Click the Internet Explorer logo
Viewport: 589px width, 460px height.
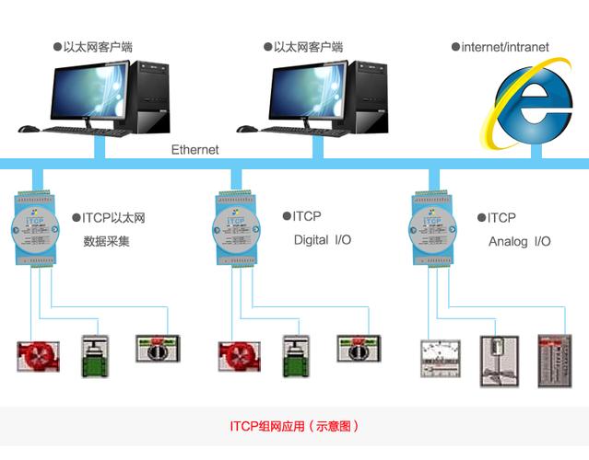[x=529, y=106]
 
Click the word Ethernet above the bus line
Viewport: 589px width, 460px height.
[x=195, y=149]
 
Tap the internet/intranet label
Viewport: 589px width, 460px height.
[x=504, y=47]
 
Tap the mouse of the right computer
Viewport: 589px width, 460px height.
[x=244, y=129]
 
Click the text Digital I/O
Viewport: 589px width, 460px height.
[x=322, y=241]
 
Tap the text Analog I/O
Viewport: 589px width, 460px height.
[x=519, y=242]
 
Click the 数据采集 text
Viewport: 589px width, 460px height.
[x=107, y=242]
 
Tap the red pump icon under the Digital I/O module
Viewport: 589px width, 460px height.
[x=236, y=355]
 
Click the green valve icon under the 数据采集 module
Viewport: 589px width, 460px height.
[x=94, y=355]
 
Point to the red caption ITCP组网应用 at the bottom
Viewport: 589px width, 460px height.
[x=294, y=427]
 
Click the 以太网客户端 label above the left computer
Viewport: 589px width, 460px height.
[x=101, y=47]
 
